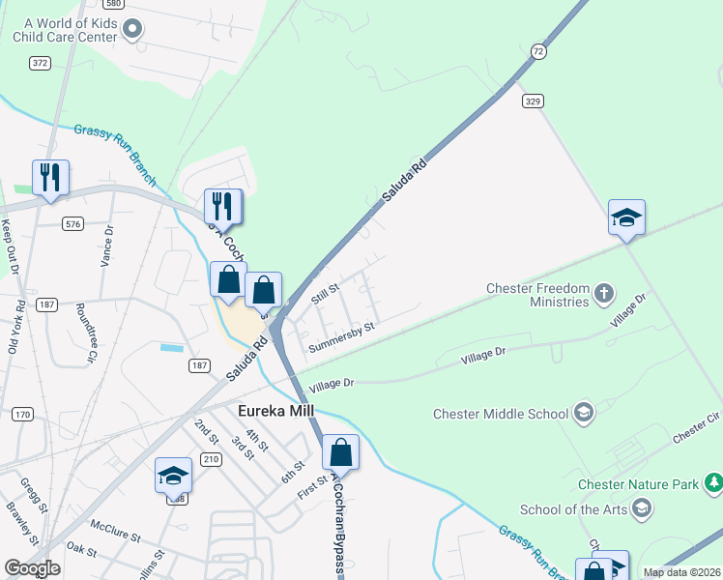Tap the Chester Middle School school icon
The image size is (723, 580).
point(583,414)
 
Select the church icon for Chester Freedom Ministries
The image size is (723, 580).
point(603,292)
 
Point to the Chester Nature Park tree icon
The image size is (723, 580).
point(713,482)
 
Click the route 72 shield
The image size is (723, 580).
point(538,50)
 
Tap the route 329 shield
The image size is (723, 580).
point(532,100)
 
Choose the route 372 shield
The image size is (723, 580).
point(40,63)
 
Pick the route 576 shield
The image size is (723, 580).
point(72,223)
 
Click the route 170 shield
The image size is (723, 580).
point(21,414)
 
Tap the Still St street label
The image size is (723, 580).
point(325,293)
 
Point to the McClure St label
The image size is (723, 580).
point(116,535)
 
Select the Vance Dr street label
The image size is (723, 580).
point(107,246)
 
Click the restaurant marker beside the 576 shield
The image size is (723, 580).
point(50,178)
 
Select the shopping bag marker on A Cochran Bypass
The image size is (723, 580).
point(340,451)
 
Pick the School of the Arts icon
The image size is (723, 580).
point(640,508)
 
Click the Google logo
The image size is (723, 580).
point(32,568)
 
